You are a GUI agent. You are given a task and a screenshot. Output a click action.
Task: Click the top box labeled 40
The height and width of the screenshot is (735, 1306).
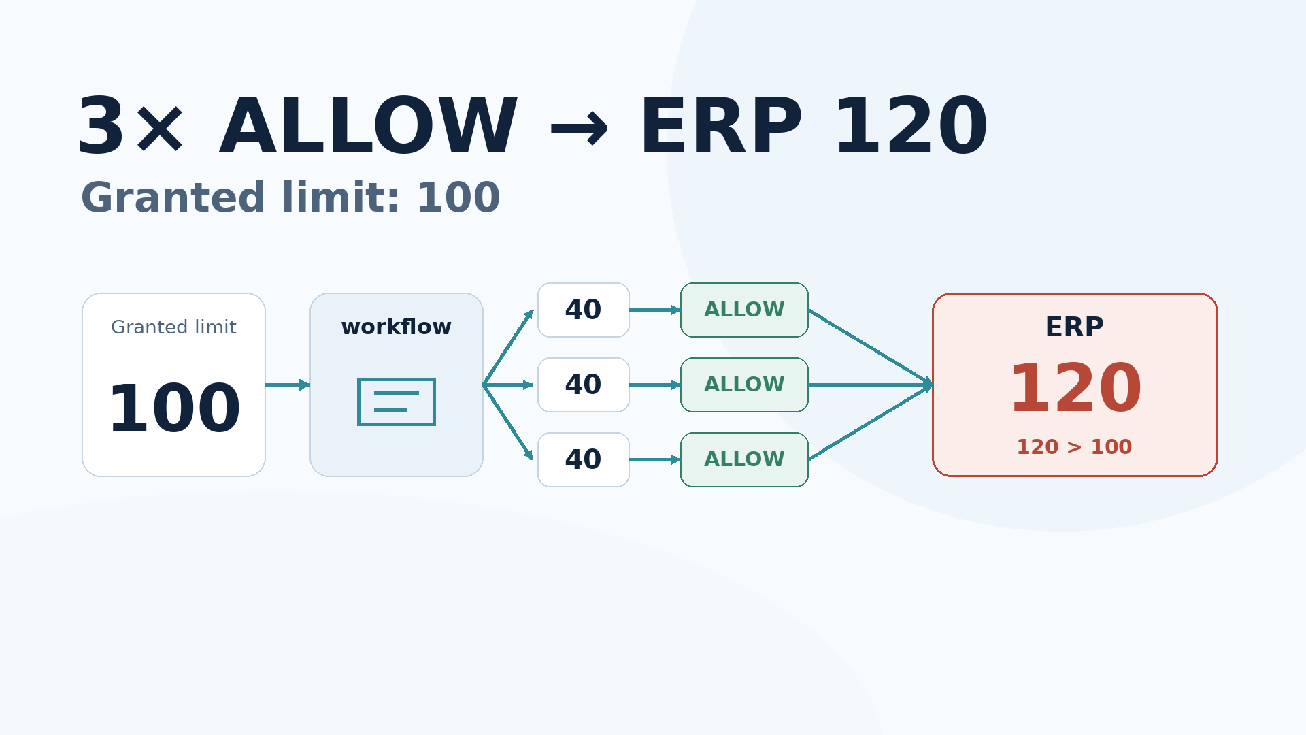tap(584, 310)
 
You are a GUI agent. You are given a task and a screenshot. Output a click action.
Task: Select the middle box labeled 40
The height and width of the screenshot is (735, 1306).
tap(584, 385)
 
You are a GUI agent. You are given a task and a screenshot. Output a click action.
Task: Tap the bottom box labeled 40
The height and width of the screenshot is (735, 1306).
tap(584, 460)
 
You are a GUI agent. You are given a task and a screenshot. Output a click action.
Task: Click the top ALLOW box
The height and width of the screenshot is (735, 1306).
tap(744, 310)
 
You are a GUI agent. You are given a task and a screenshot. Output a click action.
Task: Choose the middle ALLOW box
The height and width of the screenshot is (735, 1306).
tap(744, 385)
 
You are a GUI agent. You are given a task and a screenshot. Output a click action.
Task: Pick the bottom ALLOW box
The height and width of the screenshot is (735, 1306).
tap(744, 460)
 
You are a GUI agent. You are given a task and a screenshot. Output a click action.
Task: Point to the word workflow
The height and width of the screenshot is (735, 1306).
tap(397, 327)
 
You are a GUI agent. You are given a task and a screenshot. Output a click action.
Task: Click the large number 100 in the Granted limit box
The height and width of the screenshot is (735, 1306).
tap(174, 410)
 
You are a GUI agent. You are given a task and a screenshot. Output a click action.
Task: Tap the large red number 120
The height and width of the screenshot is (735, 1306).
tap(1075, 389)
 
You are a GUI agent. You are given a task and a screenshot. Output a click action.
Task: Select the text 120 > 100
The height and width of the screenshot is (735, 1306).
tap(1074, 447)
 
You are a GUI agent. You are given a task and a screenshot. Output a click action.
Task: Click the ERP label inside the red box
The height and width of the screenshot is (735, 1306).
tap(1075, 327)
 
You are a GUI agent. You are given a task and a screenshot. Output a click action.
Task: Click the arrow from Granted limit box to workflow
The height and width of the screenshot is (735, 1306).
tap(288, 385)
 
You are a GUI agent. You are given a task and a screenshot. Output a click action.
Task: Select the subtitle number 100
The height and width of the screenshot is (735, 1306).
tap(458, 199)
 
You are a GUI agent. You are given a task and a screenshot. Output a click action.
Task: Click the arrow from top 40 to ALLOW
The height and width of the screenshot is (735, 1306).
tap(655, 310)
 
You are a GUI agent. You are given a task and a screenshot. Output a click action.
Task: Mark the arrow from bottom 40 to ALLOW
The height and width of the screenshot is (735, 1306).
tap(655, 460)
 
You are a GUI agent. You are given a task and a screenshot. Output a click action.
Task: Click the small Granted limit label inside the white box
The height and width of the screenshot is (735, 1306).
tap(173, 327)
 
